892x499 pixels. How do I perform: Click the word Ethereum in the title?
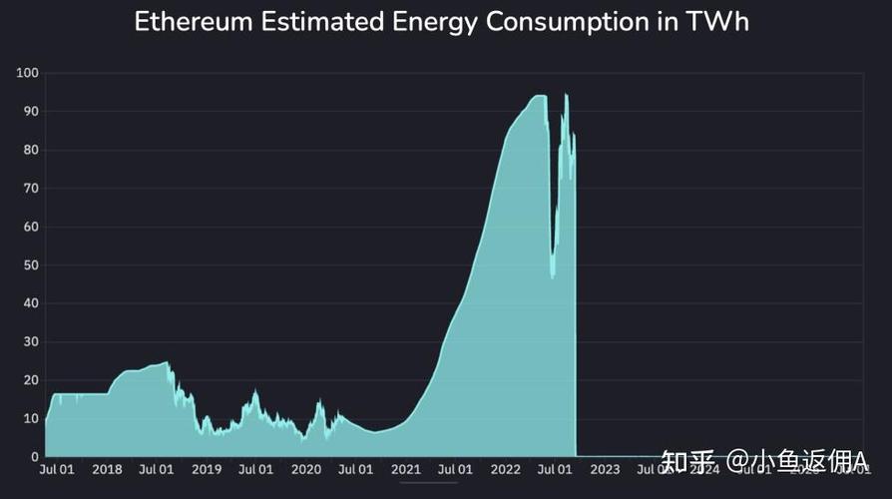tap(193, 22)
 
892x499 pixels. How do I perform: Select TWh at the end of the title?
tap(720, 22)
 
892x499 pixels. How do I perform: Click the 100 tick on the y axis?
tap(27, 73)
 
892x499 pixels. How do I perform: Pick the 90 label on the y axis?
tap(30, 112)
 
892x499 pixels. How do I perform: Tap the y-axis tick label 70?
tap(30, 189)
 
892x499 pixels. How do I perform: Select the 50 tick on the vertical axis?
tap(30, 265)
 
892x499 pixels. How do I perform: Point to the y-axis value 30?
tap(30, 342)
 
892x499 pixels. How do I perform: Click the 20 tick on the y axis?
tap(30, 380)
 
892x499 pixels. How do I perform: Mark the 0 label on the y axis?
tap(33, 457)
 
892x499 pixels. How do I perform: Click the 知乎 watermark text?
tap(689, 461)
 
